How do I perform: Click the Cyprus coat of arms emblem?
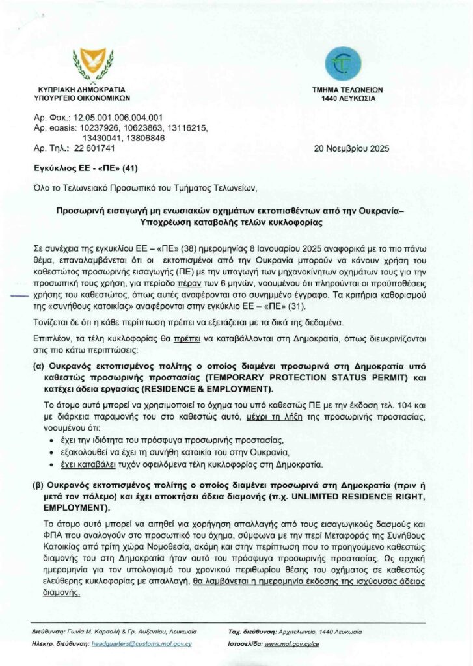pyautogui.click(x=92, y=64)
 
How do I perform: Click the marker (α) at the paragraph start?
pyautogui.click(x=38, y=367)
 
